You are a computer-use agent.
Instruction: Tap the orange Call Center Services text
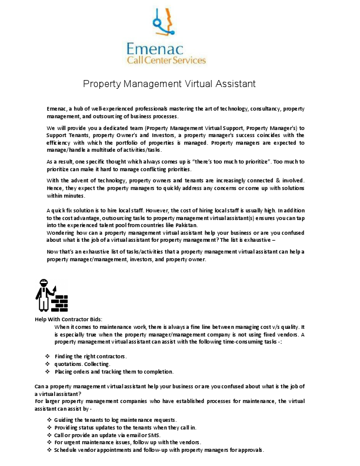click(166, 60)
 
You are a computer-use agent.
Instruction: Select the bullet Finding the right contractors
click(91, 357)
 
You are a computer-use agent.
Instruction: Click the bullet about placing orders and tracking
click(114, 372)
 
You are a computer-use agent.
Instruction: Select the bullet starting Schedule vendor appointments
click(159, 450)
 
